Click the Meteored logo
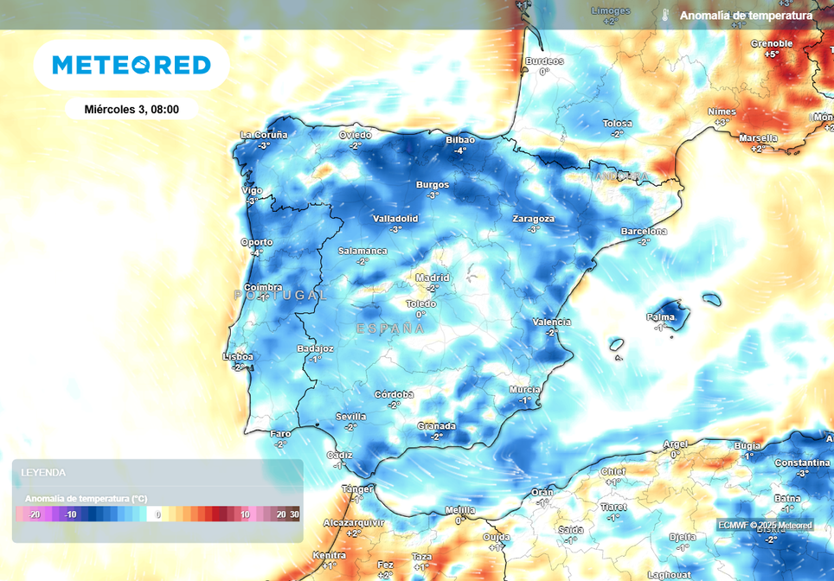tap(132, 65)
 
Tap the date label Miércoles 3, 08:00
tap(132, 109)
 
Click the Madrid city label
tap(433, 278)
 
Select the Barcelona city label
tap(645, 231)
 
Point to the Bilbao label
tap(460, 139)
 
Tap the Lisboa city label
tap(238, 356)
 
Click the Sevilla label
tap(350, 416)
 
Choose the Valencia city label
tap(552, 322)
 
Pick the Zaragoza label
tap(533, 218)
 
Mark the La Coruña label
tap(264, 134)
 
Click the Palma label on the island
tap(660, 317)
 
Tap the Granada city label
tap(436, 425)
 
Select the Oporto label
tap(257, 242)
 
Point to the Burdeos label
tap(544, 61)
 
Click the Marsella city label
tap(758, 137)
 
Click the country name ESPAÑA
tap(390, 329)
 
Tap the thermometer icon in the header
tap(665, 16)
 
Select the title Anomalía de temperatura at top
tap(746, 16)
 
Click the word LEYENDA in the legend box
tap(43, 473)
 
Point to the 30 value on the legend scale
tap(294, 514)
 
